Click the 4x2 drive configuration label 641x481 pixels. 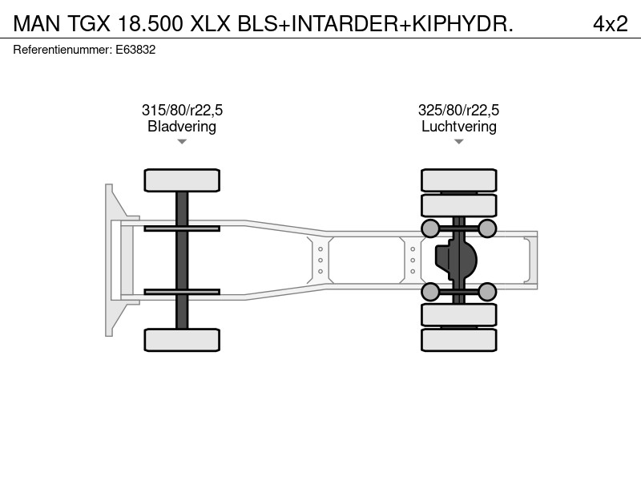(610, 24)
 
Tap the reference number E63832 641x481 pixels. (135, 50)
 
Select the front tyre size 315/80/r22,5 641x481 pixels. (182, 111)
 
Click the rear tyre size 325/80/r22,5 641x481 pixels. (458, 111)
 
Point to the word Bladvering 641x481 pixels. (182, 127)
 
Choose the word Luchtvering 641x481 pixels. (458, 127)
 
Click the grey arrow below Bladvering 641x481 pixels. (182, 142)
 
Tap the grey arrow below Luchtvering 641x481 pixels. (458, 142)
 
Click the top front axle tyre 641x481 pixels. (182, 180)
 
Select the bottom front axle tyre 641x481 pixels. (182, 340)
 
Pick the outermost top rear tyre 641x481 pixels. (458, 180)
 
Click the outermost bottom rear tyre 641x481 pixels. (458, 340)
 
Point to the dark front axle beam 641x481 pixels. (182, 260)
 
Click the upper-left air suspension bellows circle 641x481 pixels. (430, 228)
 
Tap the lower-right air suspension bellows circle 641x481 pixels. (487, 292)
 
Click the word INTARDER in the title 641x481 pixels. (345, 24)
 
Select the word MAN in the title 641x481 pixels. (36, 24)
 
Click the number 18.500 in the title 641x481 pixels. (150, 24)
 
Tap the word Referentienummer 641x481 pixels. (62, 50)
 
